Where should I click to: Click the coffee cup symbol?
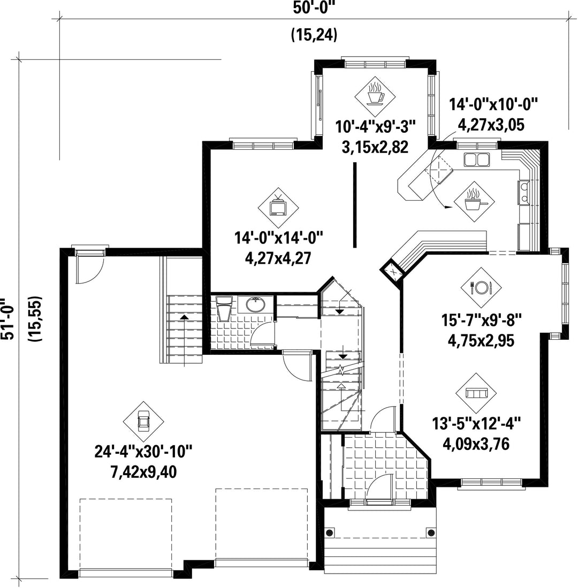click(375, 94)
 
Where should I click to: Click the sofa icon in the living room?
click(476, 393)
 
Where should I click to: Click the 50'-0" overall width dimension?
click(314, 8)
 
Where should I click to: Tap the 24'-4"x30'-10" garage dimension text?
click(143, 452)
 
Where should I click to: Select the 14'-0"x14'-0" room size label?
click(279, 238)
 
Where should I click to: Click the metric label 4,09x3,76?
click(476, 445)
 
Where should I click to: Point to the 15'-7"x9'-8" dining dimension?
click(481, 320)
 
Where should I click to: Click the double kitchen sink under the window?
click(477, 159)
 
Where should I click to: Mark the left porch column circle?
click(330, 532)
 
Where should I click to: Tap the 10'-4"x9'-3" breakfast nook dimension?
click(376, 126)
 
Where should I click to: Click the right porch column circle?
click(431, 532)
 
